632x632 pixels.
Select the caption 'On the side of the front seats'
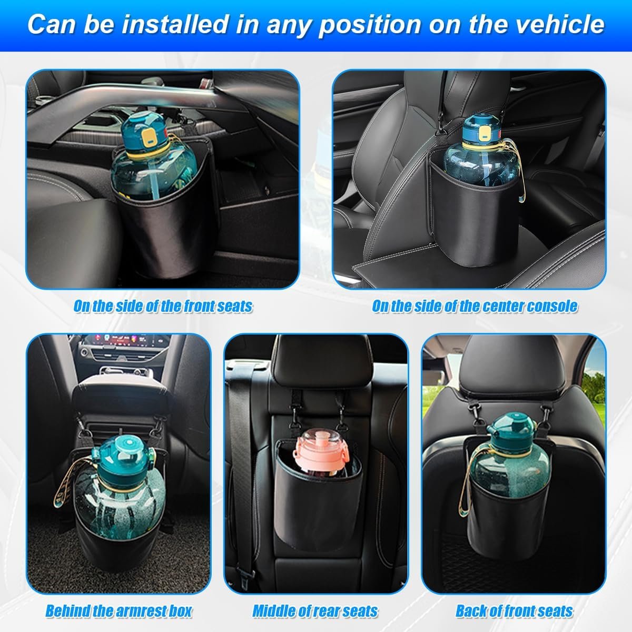pos(163,306)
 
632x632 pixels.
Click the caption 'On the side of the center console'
pos(475,306)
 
